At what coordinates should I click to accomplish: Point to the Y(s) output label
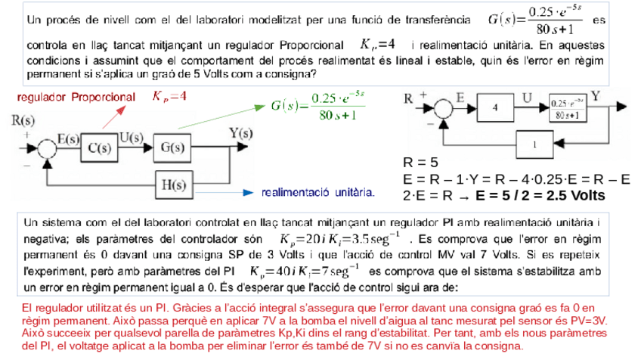tap(240, 133)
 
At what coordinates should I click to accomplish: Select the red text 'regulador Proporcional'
tap(75, 98)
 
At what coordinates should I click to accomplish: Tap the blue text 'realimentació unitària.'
tap(318, 194)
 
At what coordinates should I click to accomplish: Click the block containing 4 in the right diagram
tap(496, 109)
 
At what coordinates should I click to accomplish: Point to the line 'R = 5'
tap(421, 162)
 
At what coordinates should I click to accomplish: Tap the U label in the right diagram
tap(527, 97)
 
